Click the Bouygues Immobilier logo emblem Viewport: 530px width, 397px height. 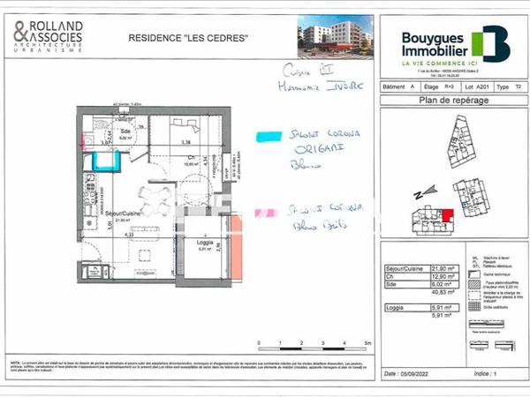[x=490, y=44]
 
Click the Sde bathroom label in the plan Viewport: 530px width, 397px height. [x=126, y=130]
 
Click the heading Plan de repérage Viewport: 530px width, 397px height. [x=445, y=101]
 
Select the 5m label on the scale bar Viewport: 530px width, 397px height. [x=367, y=341]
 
